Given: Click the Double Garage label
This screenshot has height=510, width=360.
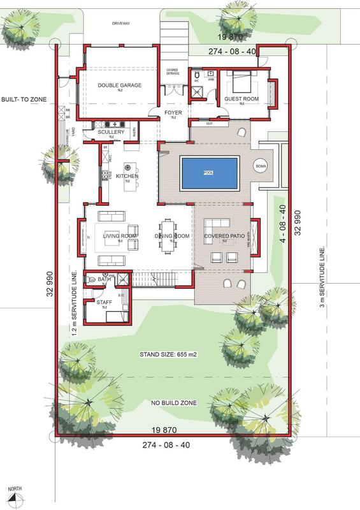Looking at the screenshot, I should (x=119, y=85).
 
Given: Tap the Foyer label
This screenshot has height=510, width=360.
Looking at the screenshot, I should (x=173, y=113).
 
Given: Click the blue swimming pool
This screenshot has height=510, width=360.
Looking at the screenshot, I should (x=210, y=173).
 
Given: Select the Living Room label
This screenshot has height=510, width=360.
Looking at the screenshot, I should (x=120, y=236).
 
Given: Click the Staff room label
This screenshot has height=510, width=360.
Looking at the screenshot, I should (x=104, y=303).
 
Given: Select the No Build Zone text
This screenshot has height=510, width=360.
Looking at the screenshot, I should (x=173, y=403).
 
